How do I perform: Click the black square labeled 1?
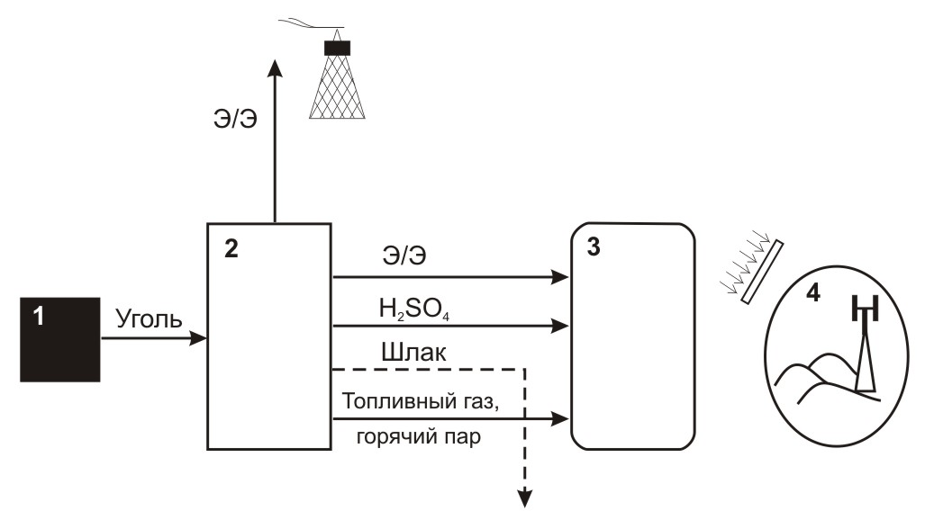coord(60,339)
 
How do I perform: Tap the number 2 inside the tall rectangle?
coord(231,249)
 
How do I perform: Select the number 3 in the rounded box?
coord(594,247)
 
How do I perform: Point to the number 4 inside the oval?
coord(813,292)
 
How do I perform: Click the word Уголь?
coord(150,319)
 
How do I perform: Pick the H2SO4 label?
coord(414,309)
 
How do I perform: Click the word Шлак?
coord(413,353)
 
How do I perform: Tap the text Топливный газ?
coord(421,401)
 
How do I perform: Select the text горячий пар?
coord(419,437)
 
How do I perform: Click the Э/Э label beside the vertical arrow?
coord(235,119)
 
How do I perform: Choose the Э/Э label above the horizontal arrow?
coord(404,256)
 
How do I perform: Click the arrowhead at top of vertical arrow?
coord(275,67)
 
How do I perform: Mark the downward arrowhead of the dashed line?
coord(524,498)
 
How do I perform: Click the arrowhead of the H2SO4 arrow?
coord(560,326)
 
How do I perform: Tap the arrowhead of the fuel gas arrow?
coord(560,419)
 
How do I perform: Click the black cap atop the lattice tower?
coord(338,48)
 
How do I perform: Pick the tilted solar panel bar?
coord(762,271)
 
